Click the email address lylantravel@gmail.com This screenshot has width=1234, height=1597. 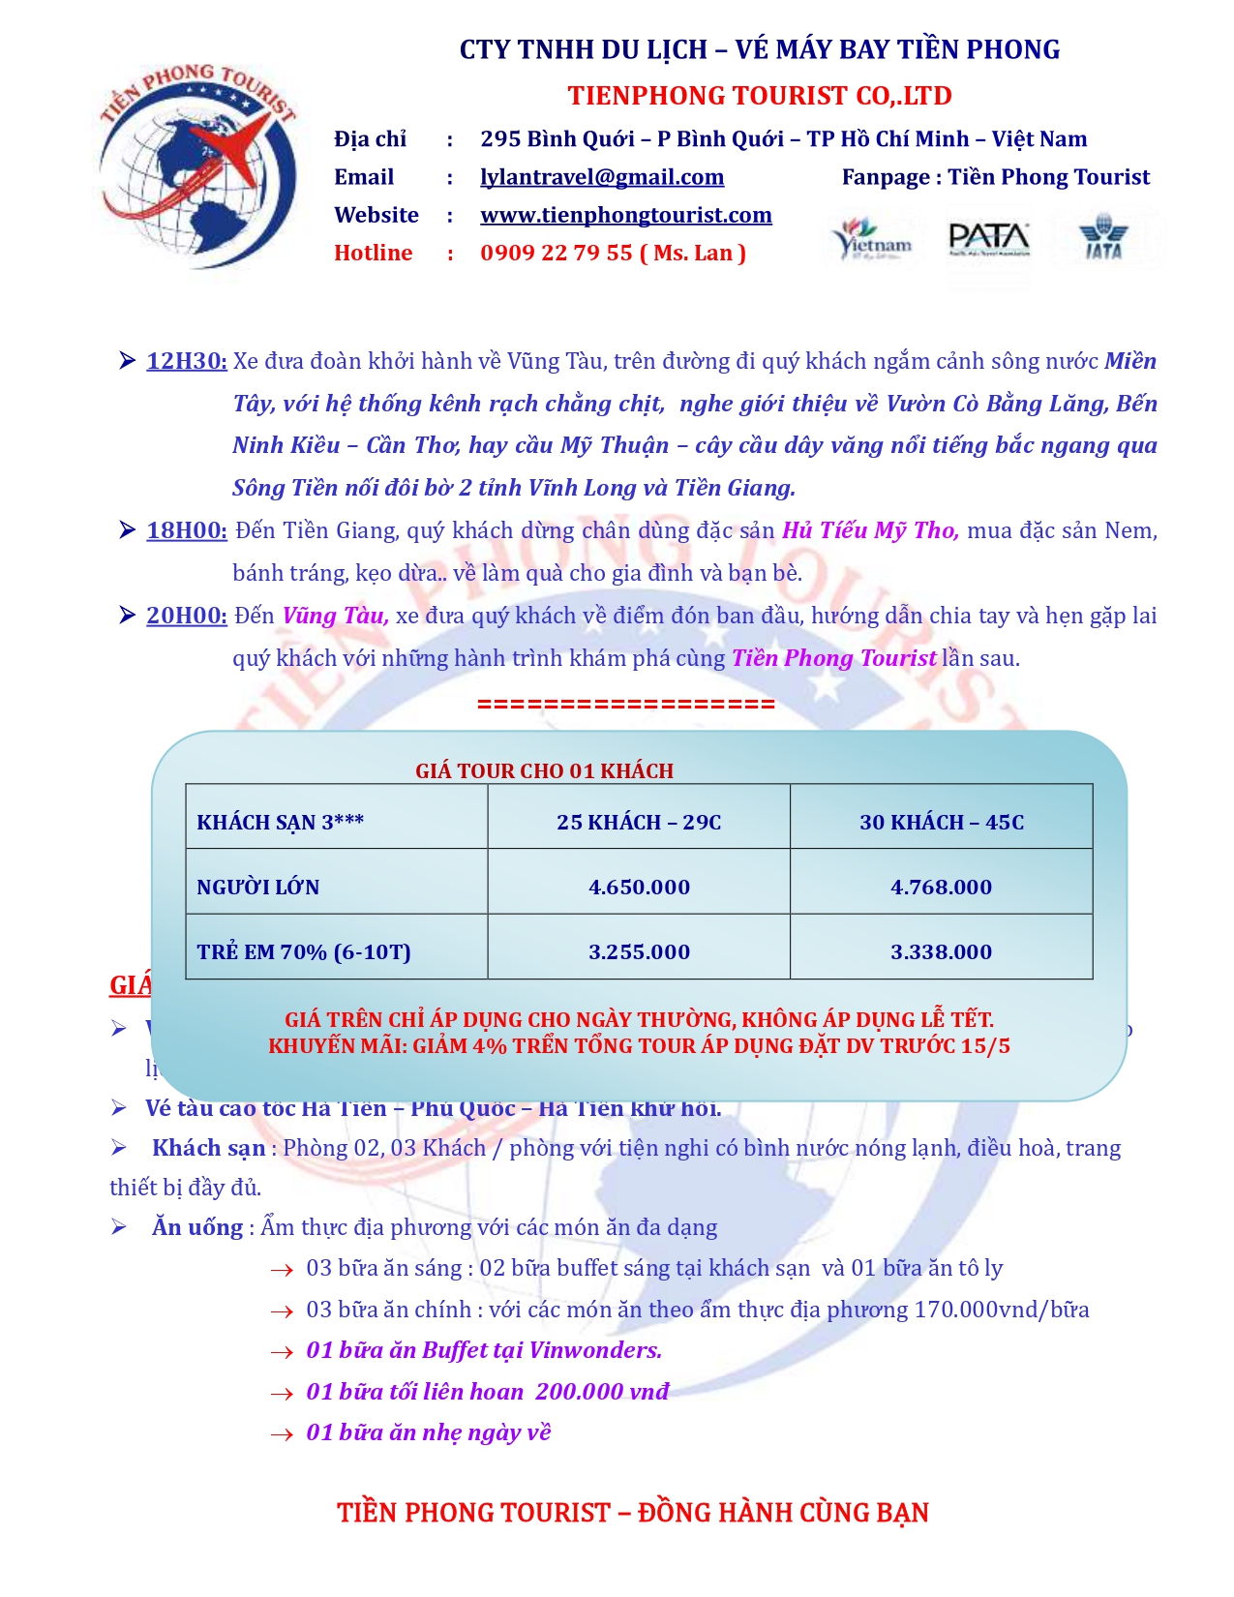pos(602,177)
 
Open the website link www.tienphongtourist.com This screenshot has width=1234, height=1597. pos(626,215)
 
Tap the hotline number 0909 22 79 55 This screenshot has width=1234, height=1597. pos(557,253)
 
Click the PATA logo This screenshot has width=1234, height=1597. pos(988,239)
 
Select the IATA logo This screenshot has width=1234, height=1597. pos(1103,238)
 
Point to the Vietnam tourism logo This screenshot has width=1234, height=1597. pos(873,239)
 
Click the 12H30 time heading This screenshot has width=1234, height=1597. pos(187,361)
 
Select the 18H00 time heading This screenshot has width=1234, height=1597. pos(187,530)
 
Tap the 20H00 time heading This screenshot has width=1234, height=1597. pos(187,616)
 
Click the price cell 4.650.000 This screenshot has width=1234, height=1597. pos(639,887)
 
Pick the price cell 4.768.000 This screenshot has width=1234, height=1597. pos(941,887)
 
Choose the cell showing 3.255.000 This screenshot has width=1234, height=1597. pos(639,951)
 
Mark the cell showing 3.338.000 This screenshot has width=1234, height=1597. pos(941,951)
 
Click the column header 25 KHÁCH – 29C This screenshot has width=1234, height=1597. pos(639,822)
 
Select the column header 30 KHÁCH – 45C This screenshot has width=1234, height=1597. pos(941,822)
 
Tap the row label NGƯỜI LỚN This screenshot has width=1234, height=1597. pos(258,887)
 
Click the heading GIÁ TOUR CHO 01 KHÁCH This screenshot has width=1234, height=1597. pos(544,770)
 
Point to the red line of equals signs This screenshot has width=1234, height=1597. pos(626,704)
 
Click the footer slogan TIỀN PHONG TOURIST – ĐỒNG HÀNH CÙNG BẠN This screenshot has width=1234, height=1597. pos(632,1512)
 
